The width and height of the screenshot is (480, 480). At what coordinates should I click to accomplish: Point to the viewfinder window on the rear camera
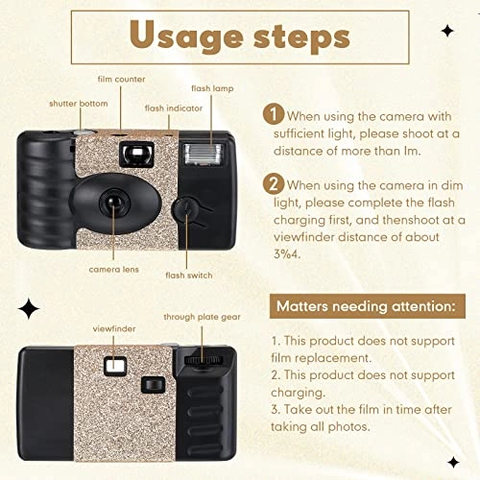tap(113, 365)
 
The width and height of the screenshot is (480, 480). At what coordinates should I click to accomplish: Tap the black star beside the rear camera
tap(28, 308)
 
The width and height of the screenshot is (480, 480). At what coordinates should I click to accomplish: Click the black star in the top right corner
tap(447, 31)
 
